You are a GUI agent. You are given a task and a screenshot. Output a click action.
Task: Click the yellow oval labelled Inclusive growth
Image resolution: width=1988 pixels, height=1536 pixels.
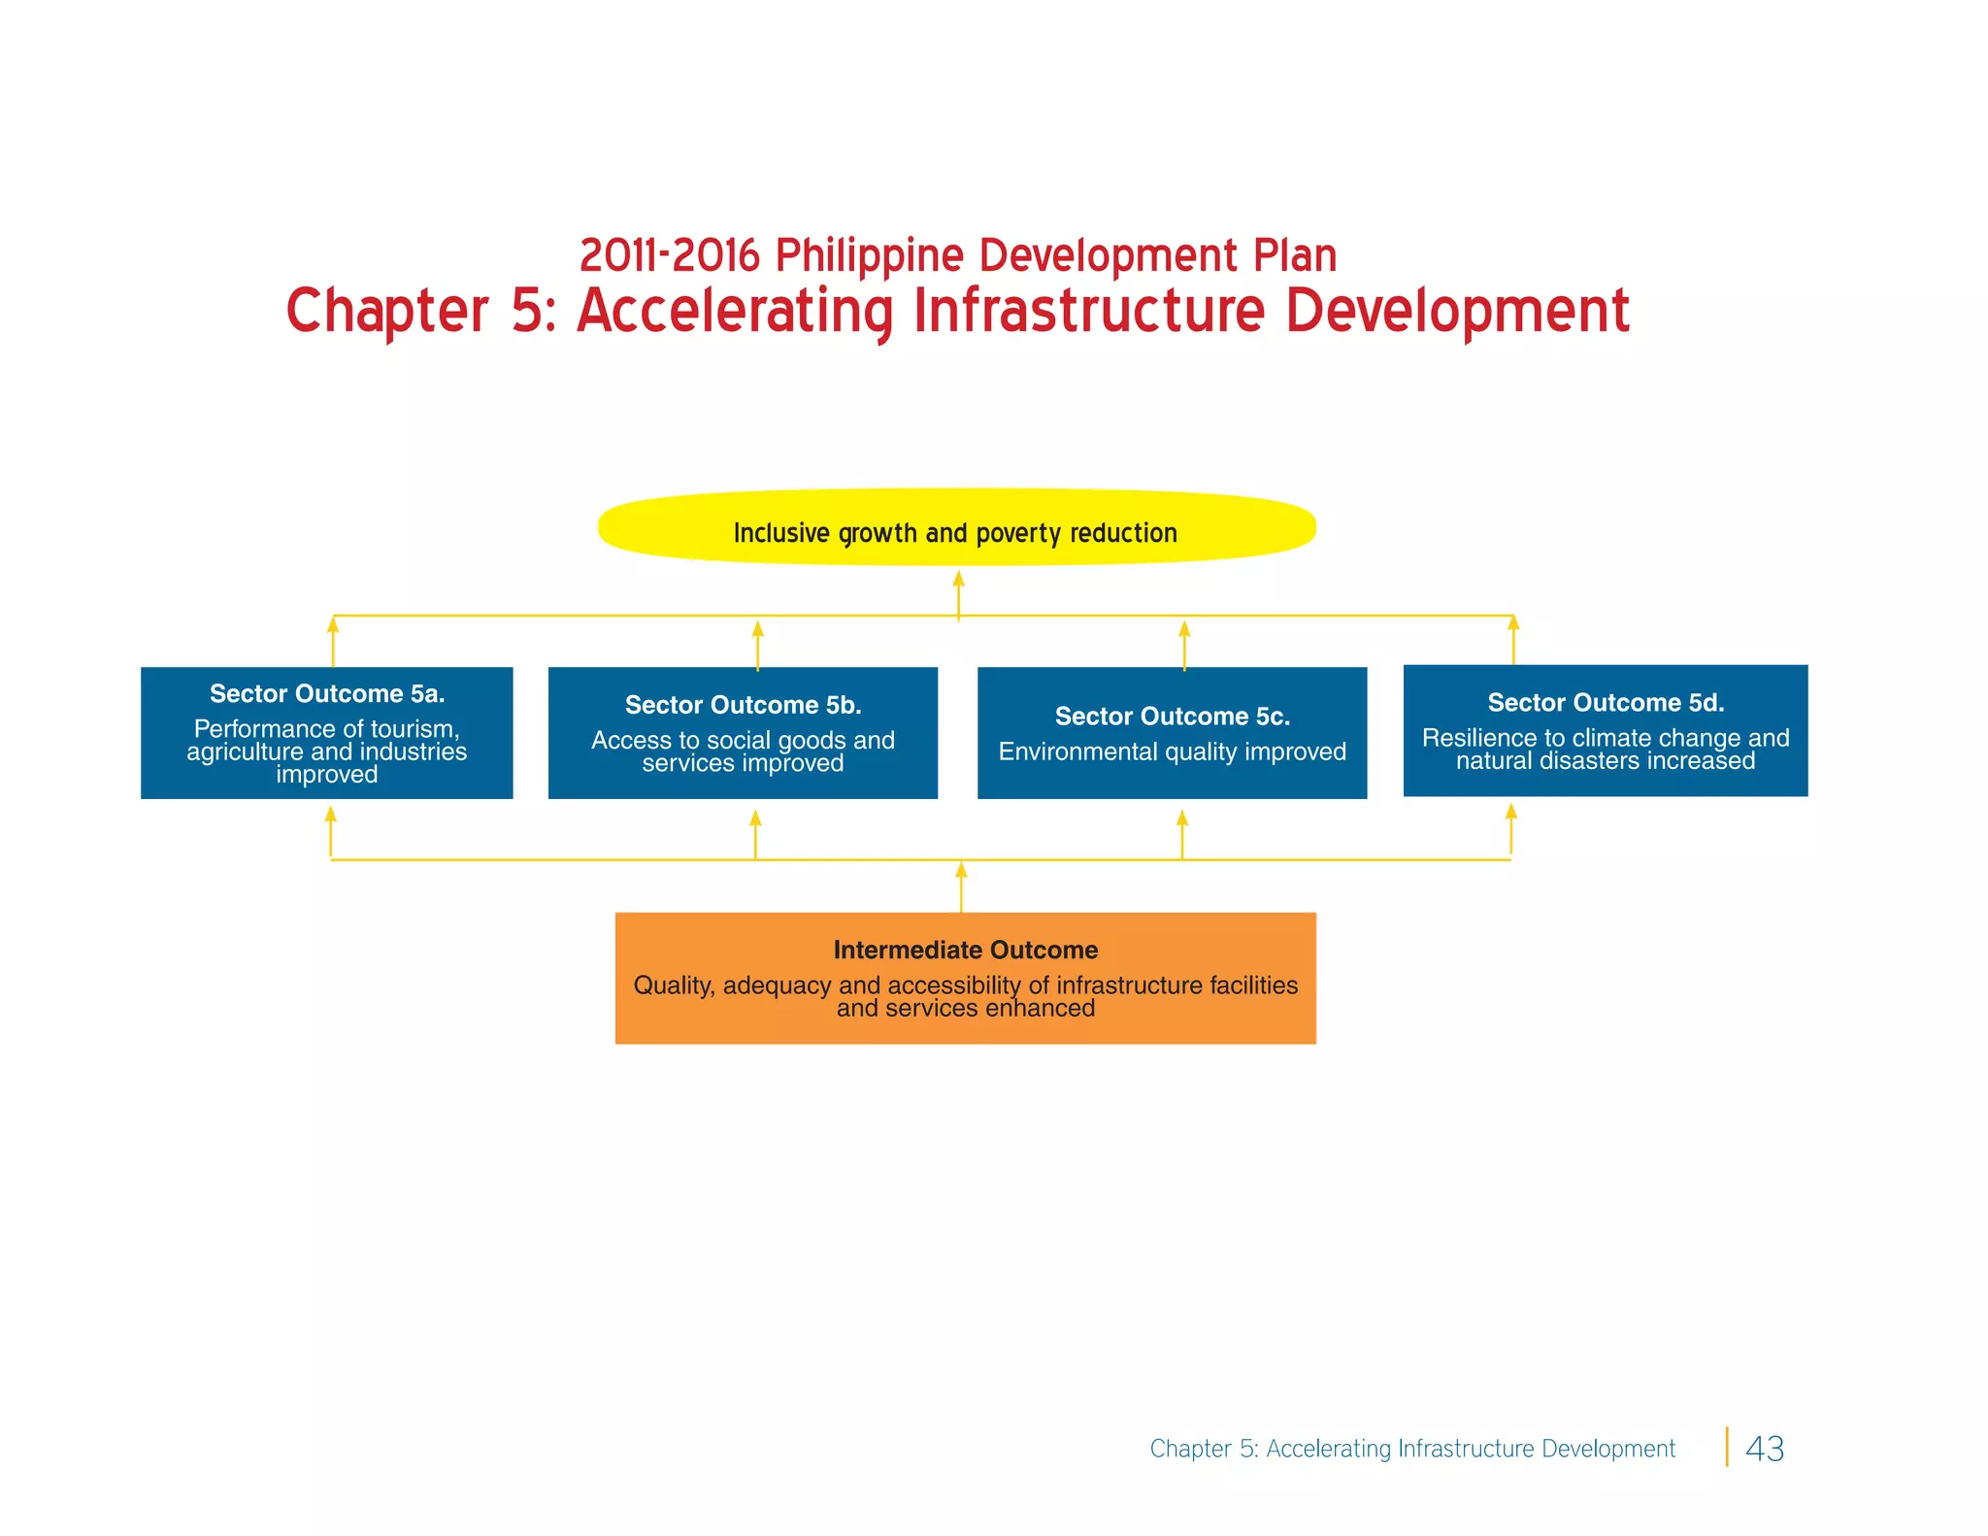(x=956, y=528)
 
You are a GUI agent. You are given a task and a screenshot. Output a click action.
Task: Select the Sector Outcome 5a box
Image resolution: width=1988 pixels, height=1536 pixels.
(x=326, y=733)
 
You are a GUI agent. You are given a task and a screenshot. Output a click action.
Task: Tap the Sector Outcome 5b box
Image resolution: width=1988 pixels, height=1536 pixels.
(x=743, y=733)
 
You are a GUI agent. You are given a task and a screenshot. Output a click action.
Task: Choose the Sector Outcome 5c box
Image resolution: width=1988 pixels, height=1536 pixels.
(x=1172, y=733)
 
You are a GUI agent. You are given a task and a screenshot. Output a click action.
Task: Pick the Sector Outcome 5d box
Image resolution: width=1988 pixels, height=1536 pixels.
(x=1605, y=730)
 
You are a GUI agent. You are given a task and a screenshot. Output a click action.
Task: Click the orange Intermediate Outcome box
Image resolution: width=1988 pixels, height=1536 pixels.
(x=965, y=978)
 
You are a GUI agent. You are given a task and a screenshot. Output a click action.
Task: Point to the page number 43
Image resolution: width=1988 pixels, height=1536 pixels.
(x=1764, y=1449)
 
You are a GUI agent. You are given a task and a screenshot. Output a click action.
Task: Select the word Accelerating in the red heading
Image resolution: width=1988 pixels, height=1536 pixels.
(x=735, y=312)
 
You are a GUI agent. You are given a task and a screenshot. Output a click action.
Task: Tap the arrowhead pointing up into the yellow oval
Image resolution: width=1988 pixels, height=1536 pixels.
(x=958, y=580)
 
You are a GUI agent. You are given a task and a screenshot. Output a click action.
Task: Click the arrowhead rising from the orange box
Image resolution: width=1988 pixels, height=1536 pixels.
(x=961, y=870)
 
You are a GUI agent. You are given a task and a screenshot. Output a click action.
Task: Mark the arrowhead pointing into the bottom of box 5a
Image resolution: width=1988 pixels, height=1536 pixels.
(x=331, y=815)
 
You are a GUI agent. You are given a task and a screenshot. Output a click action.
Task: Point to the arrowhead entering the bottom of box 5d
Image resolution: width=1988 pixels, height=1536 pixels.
(x=1510, y=812)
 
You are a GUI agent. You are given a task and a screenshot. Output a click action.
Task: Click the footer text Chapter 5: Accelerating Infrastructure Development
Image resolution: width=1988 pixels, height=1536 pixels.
(x=1412, y=1449)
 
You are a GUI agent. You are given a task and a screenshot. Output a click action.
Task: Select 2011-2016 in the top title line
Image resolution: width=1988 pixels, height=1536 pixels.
(x=669, y=256)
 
